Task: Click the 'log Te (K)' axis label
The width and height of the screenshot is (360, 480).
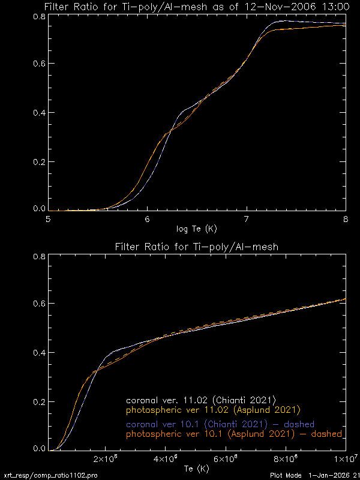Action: point(196,229)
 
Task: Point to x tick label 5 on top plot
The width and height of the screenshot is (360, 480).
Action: point(48,219)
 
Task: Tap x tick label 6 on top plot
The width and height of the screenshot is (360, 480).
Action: point(147,219)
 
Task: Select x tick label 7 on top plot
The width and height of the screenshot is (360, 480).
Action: point(246,219)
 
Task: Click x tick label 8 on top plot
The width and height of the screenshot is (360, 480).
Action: point(345,219)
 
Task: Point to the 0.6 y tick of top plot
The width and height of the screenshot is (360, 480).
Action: point(39,64)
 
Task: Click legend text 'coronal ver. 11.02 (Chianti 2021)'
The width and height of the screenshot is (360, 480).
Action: point(200,400)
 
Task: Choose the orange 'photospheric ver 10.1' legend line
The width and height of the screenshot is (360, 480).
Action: point(234,434)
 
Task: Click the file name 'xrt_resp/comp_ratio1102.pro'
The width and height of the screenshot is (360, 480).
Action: point(50,475)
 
